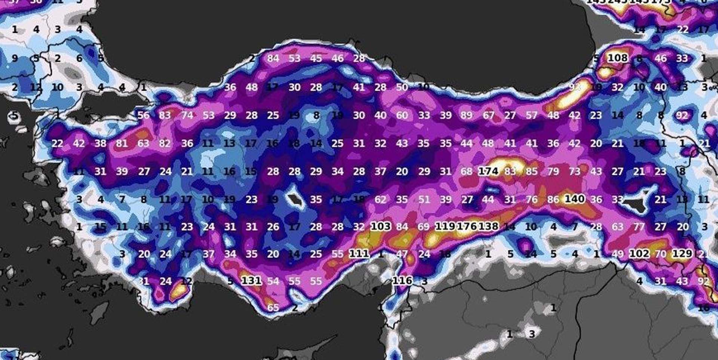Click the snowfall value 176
(x=467, y=227)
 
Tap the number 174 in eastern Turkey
(x=488, y=171)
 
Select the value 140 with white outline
(x=574, y=199)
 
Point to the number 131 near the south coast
(x=251, y=280)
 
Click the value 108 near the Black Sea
(x=617, y=58)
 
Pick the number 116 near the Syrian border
(x=402, y=280)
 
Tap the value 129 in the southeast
(x=682, y=253)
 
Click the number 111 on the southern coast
(x=359, y=254)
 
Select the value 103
(x=380, y=227)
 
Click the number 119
(x=445, y=227)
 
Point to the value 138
(x=488, y=227)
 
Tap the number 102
(x=639, y=254)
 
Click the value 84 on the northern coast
(x=273, y=58)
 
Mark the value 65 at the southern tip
(x=273, y=308)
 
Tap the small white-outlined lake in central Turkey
(x=295, y=200)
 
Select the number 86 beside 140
(x=553, y=199)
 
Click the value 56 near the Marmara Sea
(x=143, y=115)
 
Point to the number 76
(x=531, y=199)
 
